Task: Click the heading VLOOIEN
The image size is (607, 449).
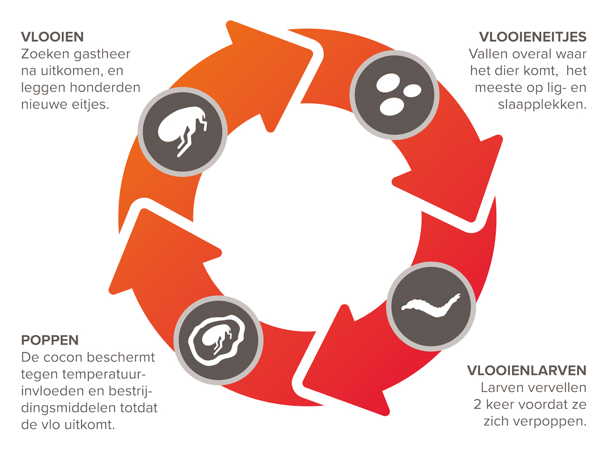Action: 52,37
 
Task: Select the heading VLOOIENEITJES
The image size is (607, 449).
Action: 532,37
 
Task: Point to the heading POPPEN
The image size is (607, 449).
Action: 49,340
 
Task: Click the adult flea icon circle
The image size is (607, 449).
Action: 183,132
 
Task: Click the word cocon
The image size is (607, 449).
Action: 73,357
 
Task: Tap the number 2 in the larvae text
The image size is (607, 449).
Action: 477,404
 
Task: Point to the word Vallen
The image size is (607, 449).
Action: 487,54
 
